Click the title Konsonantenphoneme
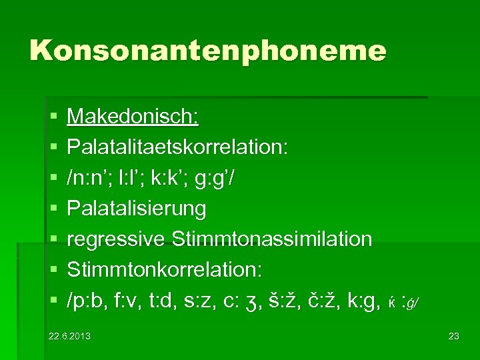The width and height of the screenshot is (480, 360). (207, 51)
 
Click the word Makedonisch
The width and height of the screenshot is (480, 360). (133, 117)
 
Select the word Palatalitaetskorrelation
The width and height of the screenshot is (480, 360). (178, 147)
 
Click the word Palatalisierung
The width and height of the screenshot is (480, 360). (137, 209)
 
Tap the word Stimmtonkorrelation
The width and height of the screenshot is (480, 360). (165, 269)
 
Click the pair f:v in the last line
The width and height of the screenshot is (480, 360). (136, 300)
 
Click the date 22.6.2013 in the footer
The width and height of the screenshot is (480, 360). (69, 335)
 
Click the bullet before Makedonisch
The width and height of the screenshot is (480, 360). (53, 118)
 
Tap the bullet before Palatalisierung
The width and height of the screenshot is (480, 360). (53, 209)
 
